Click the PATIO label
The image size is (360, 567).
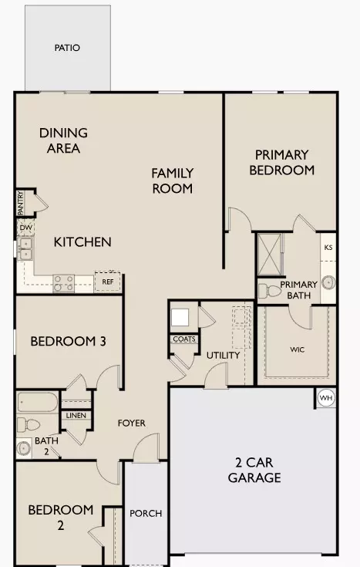pos(67,48)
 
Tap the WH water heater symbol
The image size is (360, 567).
pos(325,398)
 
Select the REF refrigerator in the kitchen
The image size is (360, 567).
pos(107,282)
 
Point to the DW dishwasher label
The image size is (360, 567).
pos(25,228)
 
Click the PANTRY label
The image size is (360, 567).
pos(21,204)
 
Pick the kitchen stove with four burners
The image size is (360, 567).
pos(63,283)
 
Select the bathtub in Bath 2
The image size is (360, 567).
pos(38,403)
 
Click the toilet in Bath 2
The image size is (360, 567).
pos(29,424)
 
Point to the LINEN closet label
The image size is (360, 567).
pos(76,416)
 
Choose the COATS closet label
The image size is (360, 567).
pos(183,339)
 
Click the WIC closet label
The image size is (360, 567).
pos(298,349)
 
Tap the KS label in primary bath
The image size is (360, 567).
pos(328,248)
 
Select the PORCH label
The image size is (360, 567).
pos(145,514)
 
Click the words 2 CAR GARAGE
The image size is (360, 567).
pos(254,470)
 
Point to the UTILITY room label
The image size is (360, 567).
pos(223,355)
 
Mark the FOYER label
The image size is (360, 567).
pos(132,423)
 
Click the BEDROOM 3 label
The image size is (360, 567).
pos(67,341)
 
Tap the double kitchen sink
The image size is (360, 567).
pos(25,248)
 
